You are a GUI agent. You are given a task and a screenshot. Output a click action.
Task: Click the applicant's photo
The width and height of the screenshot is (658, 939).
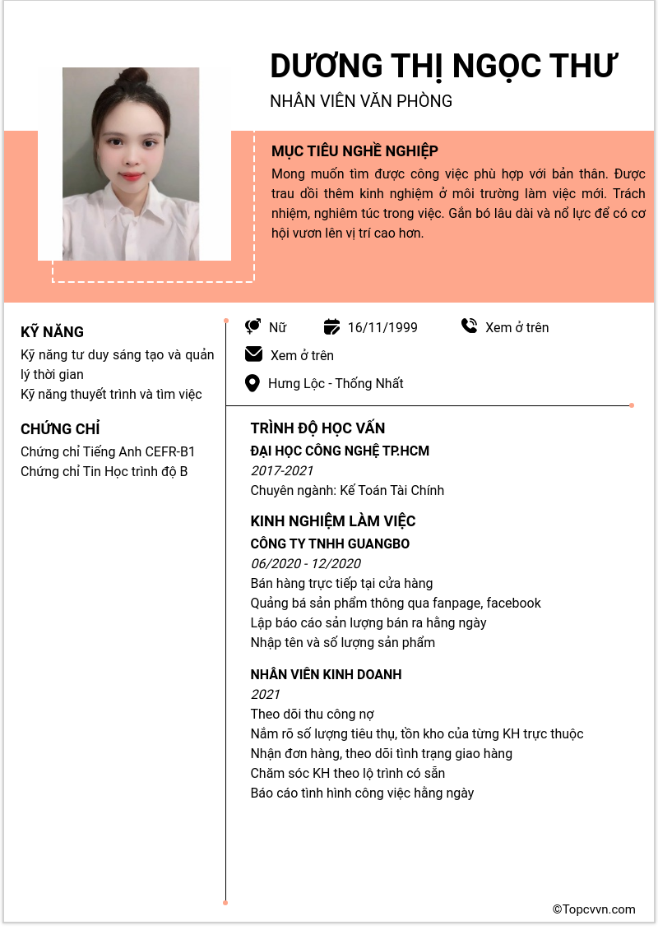point(131,164)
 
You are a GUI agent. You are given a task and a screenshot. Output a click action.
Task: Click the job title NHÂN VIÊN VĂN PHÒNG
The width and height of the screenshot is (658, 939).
point(361,101)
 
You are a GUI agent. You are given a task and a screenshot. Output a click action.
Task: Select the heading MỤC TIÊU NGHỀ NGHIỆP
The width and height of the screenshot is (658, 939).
point(354,151)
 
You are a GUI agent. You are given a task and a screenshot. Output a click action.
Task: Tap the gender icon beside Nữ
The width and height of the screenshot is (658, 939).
point(253,326)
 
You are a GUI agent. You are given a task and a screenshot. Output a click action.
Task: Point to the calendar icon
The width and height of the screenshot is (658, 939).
point(331,326)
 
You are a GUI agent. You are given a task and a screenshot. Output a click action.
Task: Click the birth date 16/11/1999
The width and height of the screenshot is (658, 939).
point(382,327)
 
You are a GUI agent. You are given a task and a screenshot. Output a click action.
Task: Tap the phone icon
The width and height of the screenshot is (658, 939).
point(469,326)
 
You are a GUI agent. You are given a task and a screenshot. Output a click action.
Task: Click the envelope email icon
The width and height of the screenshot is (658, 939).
point(253,354)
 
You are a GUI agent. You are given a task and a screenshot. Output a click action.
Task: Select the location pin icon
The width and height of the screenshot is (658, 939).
point(253,383)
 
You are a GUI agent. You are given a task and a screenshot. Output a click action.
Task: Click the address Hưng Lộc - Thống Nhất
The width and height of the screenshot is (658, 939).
point(336,383)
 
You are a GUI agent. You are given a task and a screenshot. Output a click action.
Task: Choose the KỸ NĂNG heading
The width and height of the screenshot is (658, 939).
point(52,332)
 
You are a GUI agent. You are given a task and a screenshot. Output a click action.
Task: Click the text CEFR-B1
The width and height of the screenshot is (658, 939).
point(170,451)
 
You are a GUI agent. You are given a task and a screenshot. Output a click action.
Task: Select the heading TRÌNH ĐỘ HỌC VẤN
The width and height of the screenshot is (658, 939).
point(317,428)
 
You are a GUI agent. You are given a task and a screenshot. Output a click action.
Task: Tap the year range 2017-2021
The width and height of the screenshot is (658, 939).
point(281,470)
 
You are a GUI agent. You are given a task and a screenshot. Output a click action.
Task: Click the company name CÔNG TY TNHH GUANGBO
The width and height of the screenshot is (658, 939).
point(330,544)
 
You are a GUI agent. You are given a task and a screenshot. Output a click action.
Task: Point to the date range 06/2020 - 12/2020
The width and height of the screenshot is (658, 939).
point(305,563)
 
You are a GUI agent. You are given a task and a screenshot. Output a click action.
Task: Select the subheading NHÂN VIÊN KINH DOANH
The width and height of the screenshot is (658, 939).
point(326,674)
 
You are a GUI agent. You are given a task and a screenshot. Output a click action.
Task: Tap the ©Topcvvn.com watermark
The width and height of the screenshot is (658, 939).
point(594,909)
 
